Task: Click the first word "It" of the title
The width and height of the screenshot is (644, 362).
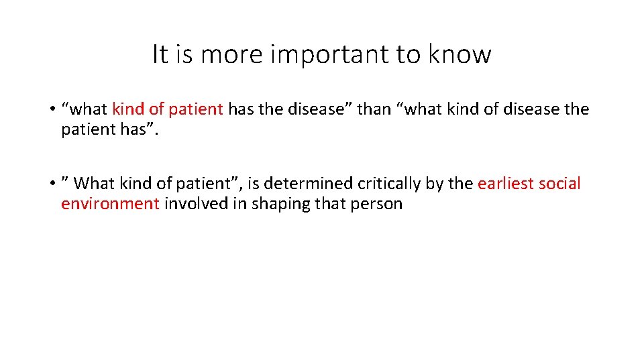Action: (160, 54)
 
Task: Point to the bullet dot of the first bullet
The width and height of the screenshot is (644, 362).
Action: (51, 109)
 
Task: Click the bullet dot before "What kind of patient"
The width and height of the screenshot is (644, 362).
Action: (51, 184)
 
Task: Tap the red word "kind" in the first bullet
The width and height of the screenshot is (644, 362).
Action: (127, 109)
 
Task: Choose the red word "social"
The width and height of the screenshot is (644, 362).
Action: (559, 183)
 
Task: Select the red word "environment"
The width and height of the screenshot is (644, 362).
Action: (110, 204)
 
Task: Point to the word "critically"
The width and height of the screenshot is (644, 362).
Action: (388, 183)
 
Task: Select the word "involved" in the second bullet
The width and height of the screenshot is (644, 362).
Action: (196, 204)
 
